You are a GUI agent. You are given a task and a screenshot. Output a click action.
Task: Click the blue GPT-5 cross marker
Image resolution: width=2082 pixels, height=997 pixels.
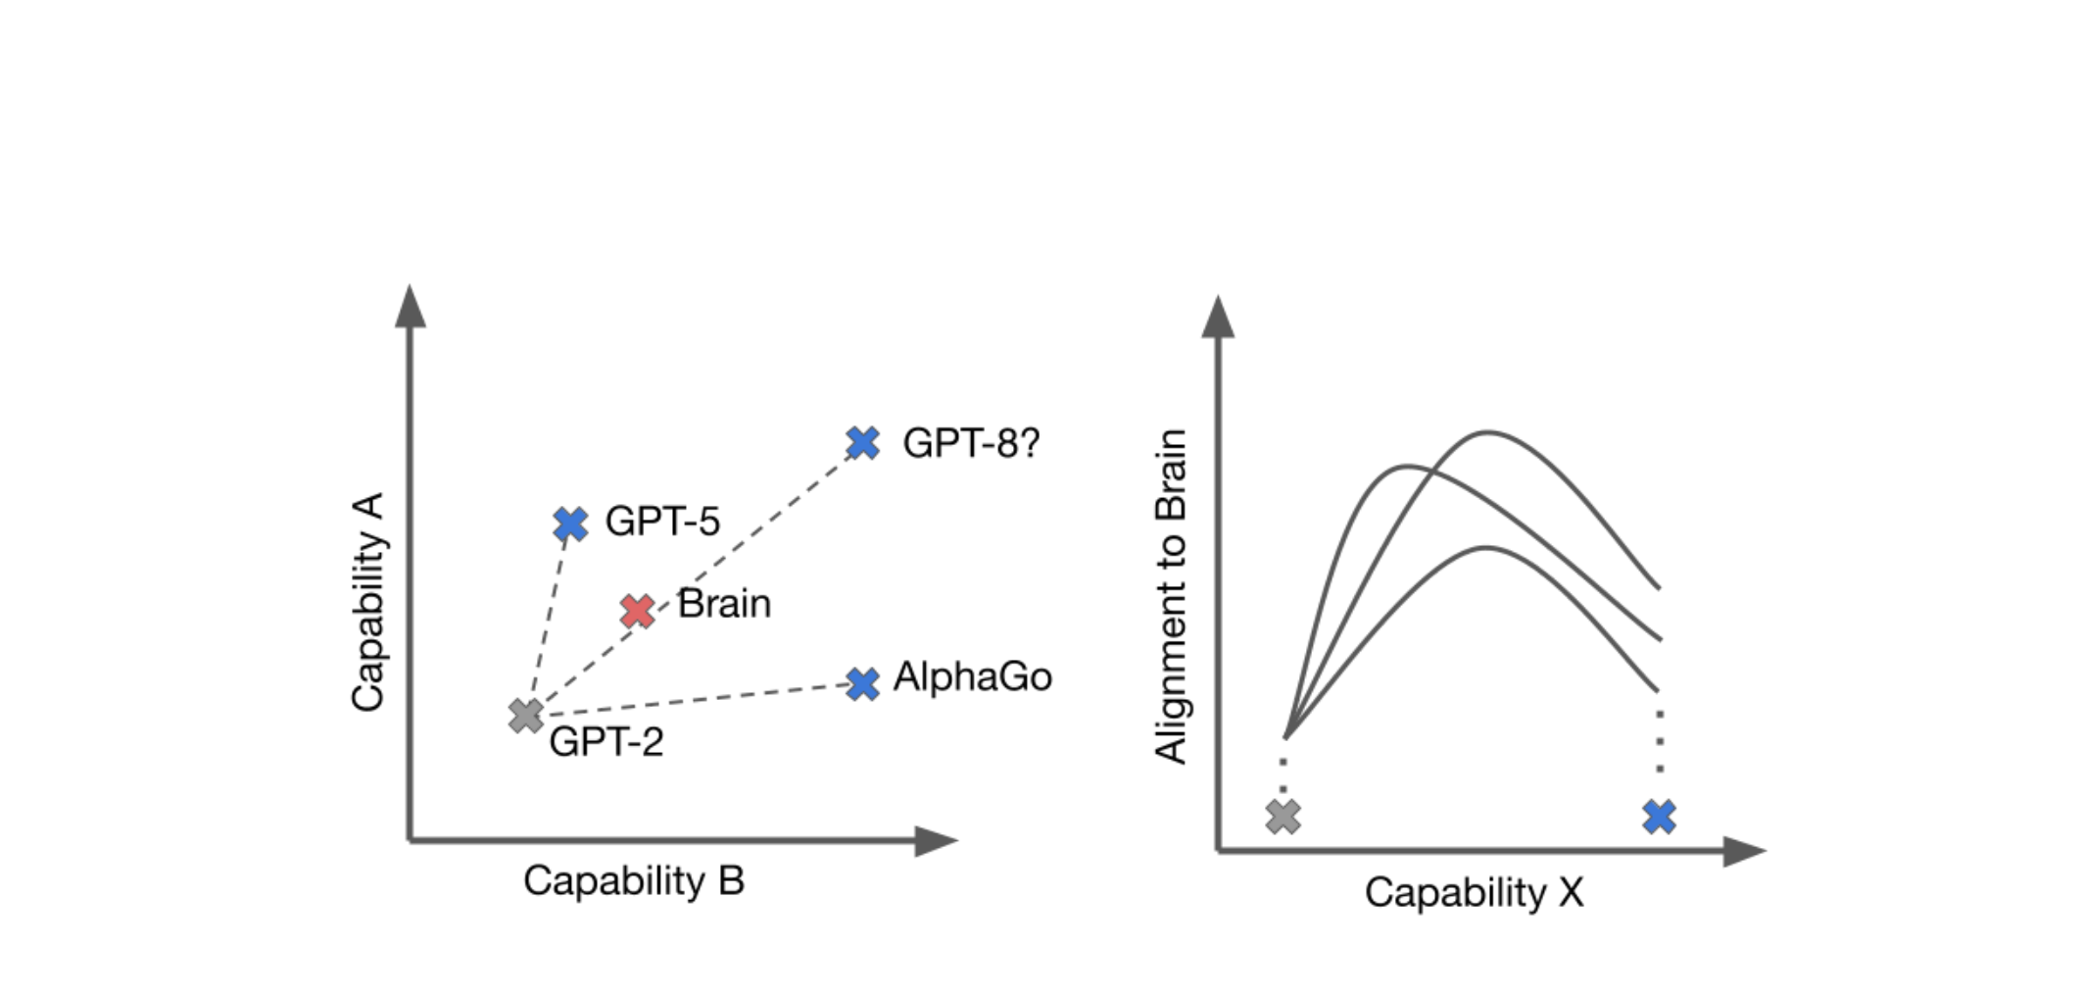pos(570,523)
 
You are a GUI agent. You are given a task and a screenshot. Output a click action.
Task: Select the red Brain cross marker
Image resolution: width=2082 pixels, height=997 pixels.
pos(638,611)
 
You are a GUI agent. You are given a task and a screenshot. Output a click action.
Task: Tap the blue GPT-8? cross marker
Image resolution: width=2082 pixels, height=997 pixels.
pos(862,443)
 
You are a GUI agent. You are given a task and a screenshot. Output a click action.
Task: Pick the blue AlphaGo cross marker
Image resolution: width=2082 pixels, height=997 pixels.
pos(862,683)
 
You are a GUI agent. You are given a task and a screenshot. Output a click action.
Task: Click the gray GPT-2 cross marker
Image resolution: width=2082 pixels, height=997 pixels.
pos(526,716)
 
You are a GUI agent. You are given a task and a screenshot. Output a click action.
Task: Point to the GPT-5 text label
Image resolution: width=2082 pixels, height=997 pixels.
pos(662,521)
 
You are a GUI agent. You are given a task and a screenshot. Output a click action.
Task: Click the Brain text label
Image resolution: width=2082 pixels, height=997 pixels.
pos(724,603)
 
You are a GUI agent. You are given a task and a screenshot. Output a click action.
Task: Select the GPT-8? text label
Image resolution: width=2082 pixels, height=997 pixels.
pos(970,443)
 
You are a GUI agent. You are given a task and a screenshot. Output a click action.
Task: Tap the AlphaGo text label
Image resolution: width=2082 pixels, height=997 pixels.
pos(972,676)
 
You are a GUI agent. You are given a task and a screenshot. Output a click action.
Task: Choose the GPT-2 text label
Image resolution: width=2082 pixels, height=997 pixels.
pos(605,742)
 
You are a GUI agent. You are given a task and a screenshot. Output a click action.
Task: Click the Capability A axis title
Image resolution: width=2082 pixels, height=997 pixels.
pos(367,602)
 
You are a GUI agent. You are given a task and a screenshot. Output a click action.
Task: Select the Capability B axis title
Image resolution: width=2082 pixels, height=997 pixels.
pos(633,880)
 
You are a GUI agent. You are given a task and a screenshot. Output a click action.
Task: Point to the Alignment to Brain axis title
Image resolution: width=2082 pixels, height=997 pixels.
pos(1171,596)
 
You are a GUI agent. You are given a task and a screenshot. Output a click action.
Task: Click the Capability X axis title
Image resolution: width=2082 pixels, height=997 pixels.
pos(1474,892)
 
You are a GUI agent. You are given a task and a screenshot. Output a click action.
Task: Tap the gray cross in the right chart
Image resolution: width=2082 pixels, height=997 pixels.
pos(1283,816)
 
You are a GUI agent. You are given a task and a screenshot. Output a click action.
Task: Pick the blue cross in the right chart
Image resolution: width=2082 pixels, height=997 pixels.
pos(1659,816)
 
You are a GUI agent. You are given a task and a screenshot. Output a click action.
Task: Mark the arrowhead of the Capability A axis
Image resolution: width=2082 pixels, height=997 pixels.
pos(411,306)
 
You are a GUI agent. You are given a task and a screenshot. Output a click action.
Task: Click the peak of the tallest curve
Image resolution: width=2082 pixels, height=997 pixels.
pos(1487,431)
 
